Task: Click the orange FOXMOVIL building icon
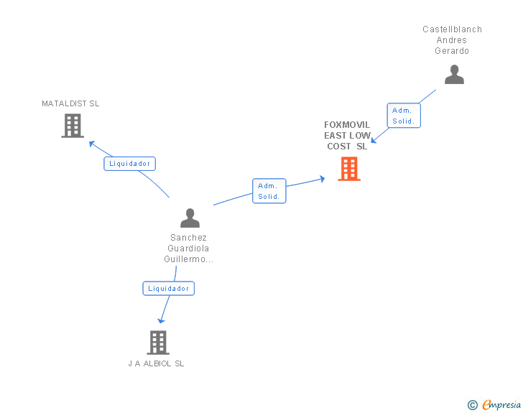(x=349, y=169)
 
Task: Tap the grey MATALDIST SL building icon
(x=73, y=126)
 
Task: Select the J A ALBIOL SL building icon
(x=158, y=343)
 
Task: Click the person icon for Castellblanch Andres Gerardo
(x=454, y=74)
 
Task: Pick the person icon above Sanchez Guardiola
(x=190, y=218)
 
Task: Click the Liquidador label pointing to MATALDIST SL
(x=129, y=163)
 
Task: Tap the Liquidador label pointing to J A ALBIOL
(x=169, y=288)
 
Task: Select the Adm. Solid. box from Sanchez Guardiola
(x=269, y=191)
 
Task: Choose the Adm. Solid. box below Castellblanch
(x=404, y=116)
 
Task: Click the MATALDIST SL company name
(x=70, y=103)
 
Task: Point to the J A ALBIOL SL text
(x=156, y=363)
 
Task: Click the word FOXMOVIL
(x=347, y=125)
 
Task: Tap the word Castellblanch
(x=452, y=29)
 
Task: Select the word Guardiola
(x=188, y=249)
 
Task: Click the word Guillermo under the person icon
(x=187, y=259)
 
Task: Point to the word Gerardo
(x=452, y=51)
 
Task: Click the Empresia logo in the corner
(x=501, y=404)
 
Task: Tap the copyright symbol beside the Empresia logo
(x=472, y=405)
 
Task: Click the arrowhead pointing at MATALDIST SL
(x=91, y=142)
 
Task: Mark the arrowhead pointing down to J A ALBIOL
(x=161, y=320)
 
